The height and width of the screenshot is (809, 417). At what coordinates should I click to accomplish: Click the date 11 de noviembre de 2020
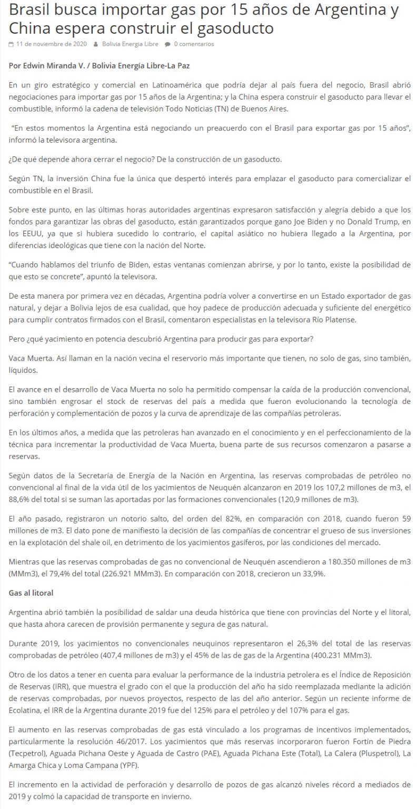point(51,44)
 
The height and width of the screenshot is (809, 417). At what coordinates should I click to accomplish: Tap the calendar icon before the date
point(12,44)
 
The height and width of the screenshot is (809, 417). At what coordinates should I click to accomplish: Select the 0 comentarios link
point(194,44)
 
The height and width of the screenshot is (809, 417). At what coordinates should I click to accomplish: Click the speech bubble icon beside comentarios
point(167,44)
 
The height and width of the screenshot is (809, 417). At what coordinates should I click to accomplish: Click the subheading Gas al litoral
point(32,593)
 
